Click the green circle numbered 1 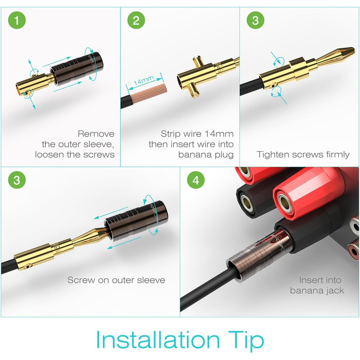pos(17,20)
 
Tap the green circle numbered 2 pos(136,20)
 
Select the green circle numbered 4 pos(196,180)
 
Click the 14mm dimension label pos(143,80)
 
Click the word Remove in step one pos(96,134)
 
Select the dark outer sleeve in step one pos(77,68)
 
